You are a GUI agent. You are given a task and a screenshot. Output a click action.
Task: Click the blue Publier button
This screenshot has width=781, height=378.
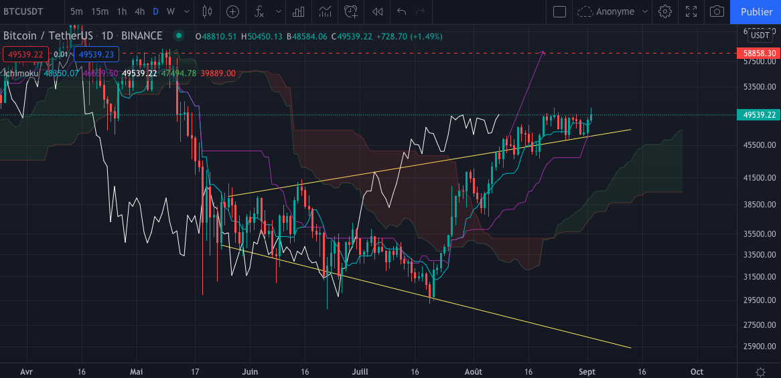coord(756,11)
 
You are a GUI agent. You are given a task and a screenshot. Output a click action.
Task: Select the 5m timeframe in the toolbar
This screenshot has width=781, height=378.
coord(77,11)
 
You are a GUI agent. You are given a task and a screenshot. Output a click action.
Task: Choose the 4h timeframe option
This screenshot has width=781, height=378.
coord(139,11)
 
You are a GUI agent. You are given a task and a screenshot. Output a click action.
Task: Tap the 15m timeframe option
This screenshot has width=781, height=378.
coord(100,11)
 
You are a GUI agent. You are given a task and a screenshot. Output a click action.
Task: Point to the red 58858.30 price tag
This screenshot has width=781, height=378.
coord(758,53)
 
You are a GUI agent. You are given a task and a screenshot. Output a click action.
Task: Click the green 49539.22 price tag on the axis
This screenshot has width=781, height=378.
coord(758,115)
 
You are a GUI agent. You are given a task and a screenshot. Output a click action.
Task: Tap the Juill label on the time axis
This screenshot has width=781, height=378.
coord(360,371)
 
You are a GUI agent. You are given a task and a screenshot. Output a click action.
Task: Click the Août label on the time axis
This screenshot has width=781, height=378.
coord(473,371)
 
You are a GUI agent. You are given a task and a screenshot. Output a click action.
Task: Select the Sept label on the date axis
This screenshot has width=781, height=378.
coord(587,371)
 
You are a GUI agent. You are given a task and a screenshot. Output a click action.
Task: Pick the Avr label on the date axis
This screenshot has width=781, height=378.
coord(27,371)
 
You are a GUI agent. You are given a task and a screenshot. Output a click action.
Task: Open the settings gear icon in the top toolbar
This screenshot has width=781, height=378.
coord(665,11)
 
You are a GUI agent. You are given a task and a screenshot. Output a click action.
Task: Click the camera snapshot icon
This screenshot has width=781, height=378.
coord(717,11)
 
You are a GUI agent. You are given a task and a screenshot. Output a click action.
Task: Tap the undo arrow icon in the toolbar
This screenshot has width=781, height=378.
coord(402,11)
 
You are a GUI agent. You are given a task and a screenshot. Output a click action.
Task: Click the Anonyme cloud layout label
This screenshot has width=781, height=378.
coord(614,11)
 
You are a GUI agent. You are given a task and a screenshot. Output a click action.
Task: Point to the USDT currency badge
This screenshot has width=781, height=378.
coord(760,35)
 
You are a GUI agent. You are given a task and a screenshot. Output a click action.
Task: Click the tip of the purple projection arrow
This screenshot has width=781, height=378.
coord(543,52)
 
